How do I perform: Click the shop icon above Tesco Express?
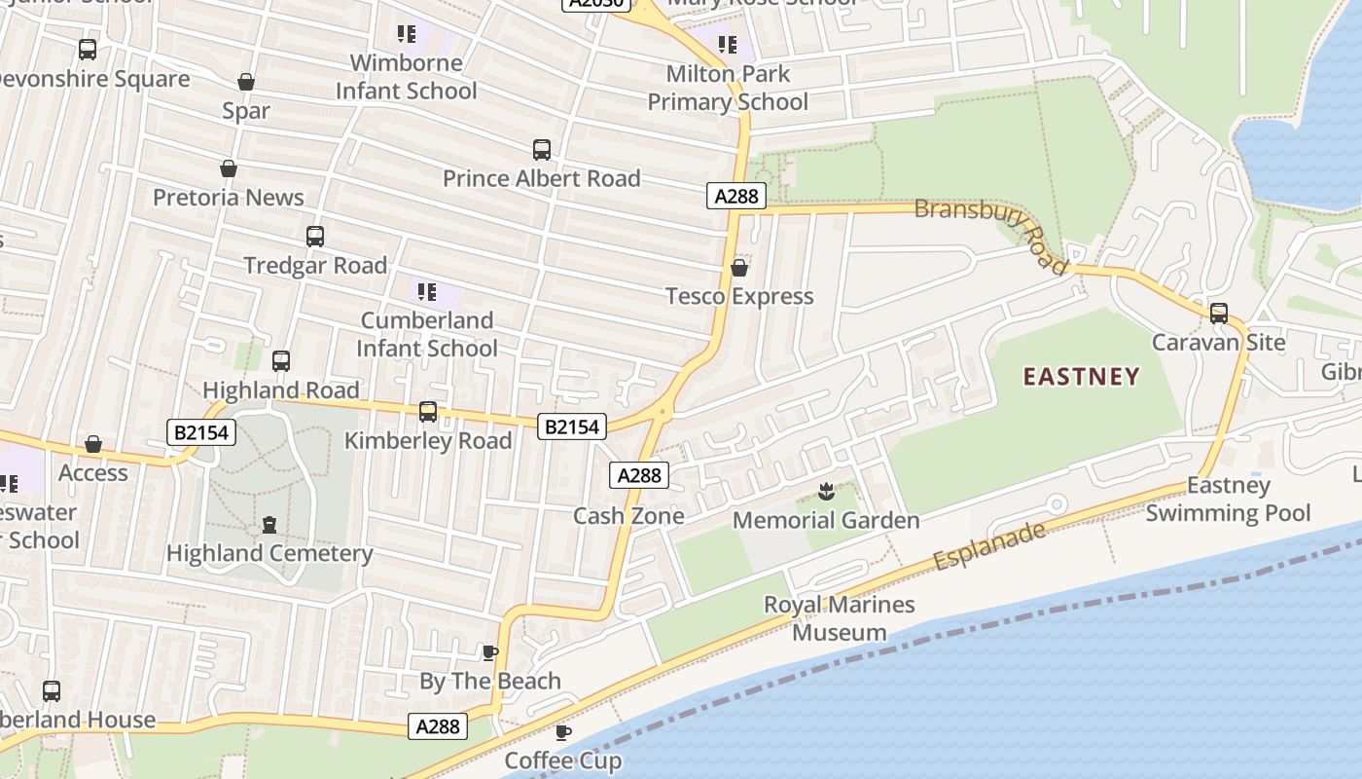tap(739, 267)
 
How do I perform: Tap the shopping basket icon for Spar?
tap(246, 82)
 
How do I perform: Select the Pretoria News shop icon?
tap(229, 168)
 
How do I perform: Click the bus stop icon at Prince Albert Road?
tap(542, 150)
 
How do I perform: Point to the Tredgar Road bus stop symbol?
tap(315, 236)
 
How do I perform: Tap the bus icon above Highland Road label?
tap(281, 361)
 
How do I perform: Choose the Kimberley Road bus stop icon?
tap(428, 412)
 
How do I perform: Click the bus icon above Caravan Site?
tap(1219, 314)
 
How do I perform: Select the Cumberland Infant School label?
tap(427, 334)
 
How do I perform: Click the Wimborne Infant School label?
tap(407, 77)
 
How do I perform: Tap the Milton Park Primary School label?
tap(728, 88)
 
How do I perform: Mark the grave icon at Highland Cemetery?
tap(269, 525)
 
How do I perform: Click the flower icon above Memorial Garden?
tap(826, 492)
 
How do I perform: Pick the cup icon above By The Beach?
tap(490, 652)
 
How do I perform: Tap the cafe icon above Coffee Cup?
tap(562, 732)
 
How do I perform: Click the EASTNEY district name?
tap(1081, 377)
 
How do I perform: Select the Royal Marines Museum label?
tap(839, 618)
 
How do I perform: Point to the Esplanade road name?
tap(989, 546)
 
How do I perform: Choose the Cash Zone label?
tap(628, 516)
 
